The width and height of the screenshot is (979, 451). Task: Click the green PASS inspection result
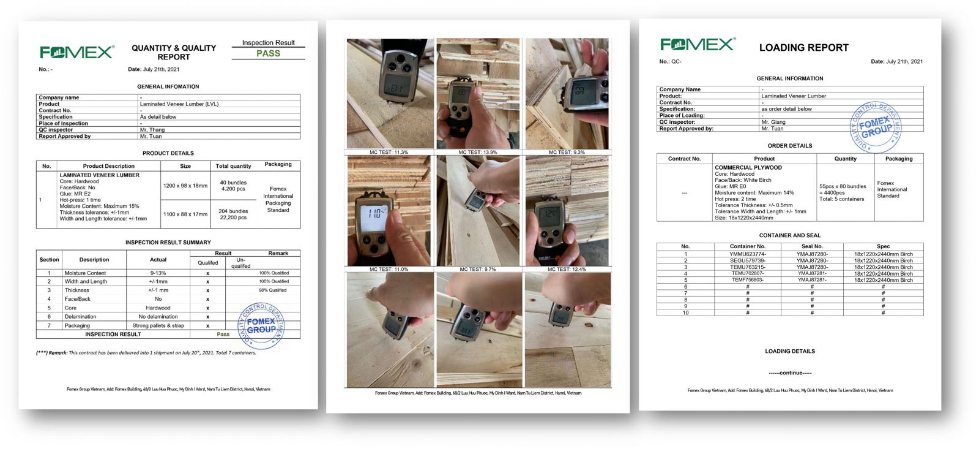coord(268,53)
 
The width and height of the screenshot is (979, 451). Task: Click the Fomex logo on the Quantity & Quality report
coord(77,52)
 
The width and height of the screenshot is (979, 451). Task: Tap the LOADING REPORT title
coord(803,48)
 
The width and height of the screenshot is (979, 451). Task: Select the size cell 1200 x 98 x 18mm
coord(185,186)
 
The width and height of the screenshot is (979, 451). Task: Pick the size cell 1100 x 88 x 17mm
coord(185,214)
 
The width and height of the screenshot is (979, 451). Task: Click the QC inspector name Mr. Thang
coord(152,130)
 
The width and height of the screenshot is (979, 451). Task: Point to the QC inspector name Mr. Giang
coord(773,122)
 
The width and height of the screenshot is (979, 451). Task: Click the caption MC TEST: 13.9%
coord(478,152)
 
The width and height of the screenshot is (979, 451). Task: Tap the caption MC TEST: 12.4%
coord(567,269)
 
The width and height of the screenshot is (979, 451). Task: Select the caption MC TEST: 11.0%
coord(389,269)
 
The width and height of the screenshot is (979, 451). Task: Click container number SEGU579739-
coord(747,260)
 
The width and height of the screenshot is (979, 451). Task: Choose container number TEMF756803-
coord(747,280)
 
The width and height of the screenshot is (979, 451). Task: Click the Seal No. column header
coord(811,246)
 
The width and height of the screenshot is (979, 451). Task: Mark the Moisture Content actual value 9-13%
coord(158,273)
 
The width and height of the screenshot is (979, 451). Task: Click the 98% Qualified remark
coord(272,290)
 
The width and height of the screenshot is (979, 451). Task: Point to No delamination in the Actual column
coord(158,317)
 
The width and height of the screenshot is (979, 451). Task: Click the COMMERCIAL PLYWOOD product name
coord(748,167)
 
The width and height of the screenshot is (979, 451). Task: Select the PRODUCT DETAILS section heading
coord(168,153)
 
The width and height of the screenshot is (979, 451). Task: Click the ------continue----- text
coord(790,373)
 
